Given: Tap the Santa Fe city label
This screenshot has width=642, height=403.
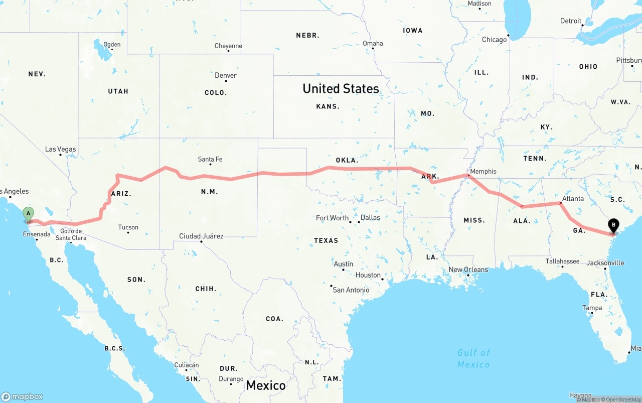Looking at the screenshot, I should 210,160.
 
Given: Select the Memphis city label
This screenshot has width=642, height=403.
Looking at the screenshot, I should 483,172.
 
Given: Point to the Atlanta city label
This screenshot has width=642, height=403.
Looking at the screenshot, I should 573,199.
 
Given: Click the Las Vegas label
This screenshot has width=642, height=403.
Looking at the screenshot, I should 60,149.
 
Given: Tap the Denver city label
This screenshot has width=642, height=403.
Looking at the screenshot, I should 226,76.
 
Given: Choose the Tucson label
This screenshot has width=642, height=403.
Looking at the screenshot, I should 128,227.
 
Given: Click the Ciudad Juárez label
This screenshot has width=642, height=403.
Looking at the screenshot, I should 201,236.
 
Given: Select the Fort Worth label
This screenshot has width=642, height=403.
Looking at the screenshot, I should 332,218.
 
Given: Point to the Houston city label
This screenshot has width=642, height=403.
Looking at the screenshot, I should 368,275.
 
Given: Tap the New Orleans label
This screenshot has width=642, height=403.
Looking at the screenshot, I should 468,270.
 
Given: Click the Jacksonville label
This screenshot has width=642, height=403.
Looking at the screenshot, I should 605,263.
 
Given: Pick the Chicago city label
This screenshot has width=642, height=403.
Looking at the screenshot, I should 494,40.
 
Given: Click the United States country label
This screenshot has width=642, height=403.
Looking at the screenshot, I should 341,89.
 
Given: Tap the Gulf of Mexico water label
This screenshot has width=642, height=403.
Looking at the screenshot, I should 473,358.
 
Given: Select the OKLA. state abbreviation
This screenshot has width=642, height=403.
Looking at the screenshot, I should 347,161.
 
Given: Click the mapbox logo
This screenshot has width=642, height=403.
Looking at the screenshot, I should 22,396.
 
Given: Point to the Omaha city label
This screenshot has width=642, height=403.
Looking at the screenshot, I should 373,43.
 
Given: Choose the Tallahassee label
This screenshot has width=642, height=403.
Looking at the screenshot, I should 562,261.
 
